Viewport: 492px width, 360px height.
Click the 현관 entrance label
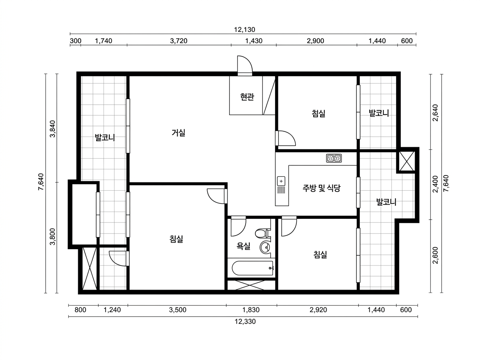(x=247, y=97)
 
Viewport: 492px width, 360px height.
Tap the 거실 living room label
(x=178, y=133)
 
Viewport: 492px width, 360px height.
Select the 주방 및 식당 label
(x=321, y=188)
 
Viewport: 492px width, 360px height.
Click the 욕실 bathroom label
(x=244, y=246)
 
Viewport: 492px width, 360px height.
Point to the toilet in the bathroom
(x=262, y=233)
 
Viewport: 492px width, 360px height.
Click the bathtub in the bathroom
(x=253, y=268)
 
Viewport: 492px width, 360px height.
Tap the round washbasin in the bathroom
(x=266, y=248)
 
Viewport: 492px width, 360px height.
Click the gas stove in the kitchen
(x=334, y=158)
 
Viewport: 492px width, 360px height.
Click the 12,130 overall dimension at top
(x=244, y=29)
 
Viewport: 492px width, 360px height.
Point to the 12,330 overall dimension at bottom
(x=245, y=322)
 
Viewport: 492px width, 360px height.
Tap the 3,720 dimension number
(x=178, y=41)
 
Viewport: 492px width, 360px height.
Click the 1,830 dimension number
(x=251, y=310)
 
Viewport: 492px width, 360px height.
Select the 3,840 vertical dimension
(x=53, y=129)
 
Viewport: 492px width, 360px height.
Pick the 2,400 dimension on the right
(x=435, y=184)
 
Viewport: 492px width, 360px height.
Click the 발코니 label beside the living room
(x=105, y=137)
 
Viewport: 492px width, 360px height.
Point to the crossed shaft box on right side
(x=407, y=161)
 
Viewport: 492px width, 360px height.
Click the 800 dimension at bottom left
(x=80, y=310)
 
